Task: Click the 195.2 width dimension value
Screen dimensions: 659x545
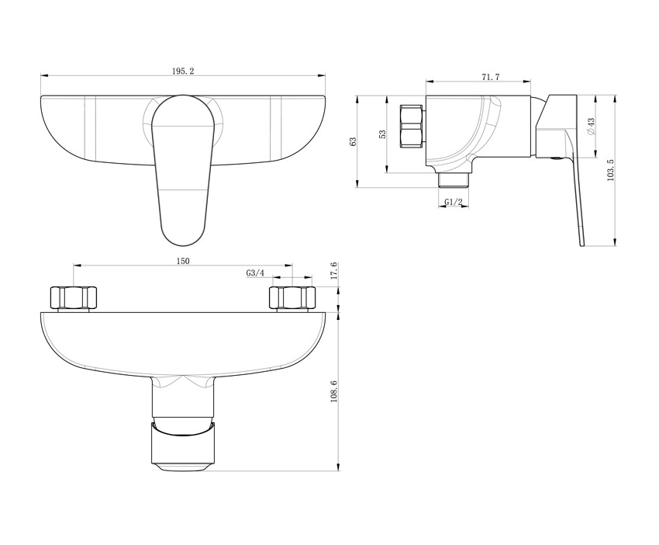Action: click(183, 71)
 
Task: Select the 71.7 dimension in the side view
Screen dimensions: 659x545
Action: click(491, 77)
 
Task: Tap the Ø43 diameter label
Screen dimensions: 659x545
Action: click(591, 127)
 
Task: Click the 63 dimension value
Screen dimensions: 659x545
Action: click(353, 141)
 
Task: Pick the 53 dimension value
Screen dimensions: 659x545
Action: click(382, 134)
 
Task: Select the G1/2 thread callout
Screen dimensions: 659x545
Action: click(454, 203)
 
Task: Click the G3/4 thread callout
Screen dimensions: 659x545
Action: click(255, 273)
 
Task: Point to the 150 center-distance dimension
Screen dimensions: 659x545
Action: click(182, 261)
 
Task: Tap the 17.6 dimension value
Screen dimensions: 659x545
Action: click(334, 271)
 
